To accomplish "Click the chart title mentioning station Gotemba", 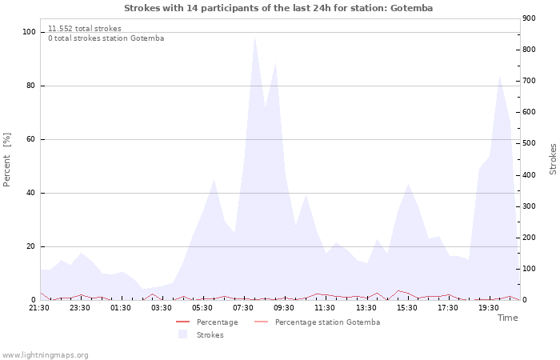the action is (x=278, y=8).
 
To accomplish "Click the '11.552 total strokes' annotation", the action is (x=85, y=29).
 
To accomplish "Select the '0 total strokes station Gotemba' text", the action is (x=106, y=38).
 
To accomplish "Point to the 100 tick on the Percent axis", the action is (x=29, y=32).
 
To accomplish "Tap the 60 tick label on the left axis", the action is (x=30, y=139).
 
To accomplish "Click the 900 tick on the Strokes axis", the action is (x=529, y=18).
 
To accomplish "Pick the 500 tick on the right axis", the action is (x=529, y=143).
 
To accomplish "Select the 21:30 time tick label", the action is (x=39, y=308).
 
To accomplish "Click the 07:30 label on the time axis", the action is (x=243, y=308).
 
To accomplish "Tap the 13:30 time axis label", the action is (x=366, y=308).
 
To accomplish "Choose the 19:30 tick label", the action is (x=489, y=308).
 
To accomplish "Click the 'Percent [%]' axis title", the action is (x=6, y=160).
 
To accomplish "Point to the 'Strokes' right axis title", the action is (x=553, y=159).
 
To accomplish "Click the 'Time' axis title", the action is (x=507, y=318).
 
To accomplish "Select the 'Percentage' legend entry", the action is (x=207, y=322).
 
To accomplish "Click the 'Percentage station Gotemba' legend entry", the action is (x=317, y=322).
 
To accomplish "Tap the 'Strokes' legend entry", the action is (x=201, y=334).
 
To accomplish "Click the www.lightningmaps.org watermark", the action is (x=45, y=355).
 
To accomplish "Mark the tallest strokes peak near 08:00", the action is (x=254, y=36).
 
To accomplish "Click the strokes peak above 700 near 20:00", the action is (x=500, y=76).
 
